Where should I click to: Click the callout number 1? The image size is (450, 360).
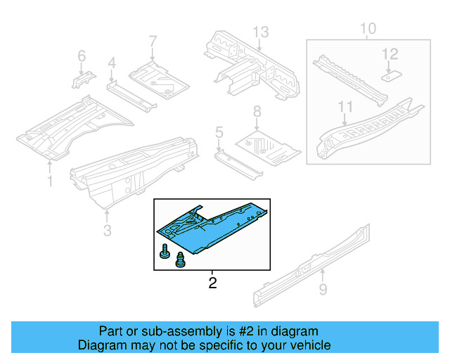[49, 181]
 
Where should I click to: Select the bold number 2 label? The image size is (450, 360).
[212, 283]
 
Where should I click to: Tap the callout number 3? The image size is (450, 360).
[107, 229]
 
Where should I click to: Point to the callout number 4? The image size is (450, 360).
[111, 65]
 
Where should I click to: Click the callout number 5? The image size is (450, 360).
[219, 131]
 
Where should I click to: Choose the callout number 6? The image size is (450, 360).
[81, 56]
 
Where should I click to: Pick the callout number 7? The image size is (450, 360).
[153, 42]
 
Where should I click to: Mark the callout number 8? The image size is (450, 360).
[257, 111]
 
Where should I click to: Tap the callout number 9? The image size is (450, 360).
[323, 288]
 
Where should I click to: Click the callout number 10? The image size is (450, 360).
[368, 29]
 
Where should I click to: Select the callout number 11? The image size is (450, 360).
[344, 107]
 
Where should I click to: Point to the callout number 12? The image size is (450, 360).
[390, 53]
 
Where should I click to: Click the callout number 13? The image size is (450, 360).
[261, 32]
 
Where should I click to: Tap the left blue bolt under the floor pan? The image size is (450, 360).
[165, 252]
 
